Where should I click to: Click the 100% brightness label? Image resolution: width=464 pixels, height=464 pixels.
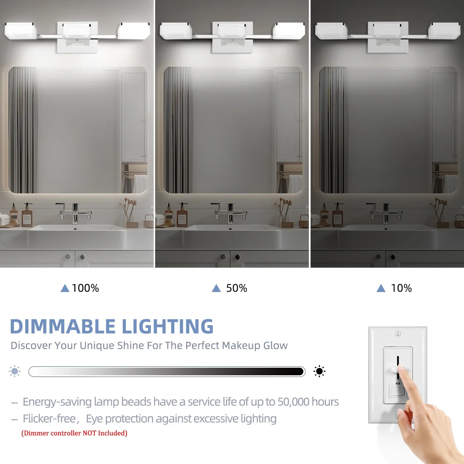point(85,288)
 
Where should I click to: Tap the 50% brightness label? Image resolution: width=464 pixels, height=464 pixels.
point(237,288)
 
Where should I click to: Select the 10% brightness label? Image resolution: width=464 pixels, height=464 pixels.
point(401,288)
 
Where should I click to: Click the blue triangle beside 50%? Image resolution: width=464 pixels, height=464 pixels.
point(216,288)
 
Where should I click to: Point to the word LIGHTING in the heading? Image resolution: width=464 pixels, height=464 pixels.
point(168,327)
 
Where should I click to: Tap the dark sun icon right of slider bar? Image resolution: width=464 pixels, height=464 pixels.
point(319,371)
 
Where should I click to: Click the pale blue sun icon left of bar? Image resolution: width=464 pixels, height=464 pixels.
point(14,371)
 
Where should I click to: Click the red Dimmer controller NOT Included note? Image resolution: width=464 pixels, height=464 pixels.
point(74,433)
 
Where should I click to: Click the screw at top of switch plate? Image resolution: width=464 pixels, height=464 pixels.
point(398,333)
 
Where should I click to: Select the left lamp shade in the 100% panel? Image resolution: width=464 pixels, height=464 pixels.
point(20,31)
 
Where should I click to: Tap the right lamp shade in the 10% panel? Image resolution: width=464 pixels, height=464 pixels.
point(444,31)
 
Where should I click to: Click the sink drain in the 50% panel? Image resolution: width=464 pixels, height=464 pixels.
point(230,229)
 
